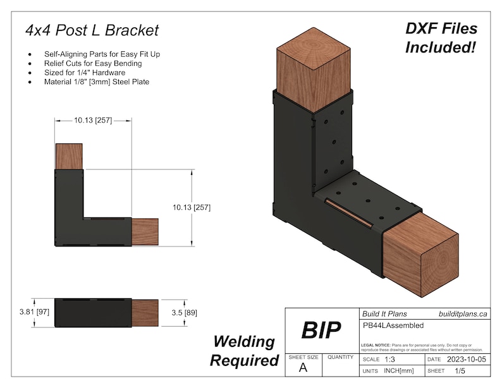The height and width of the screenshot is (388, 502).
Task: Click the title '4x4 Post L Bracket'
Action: coord(92,30)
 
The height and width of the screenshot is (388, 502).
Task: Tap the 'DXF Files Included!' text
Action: coord(441,38)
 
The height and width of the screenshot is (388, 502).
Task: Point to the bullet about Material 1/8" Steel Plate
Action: coord(97,81)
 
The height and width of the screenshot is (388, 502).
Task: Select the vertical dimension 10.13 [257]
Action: coord(191,207)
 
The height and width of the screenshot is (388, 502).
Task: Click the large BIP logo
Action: coord(321,330)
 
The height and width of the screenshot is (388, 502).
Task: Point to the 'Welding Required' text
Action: coord(244,351)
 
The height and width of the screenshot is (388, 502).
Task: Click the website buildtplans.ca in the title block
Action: coord(463,313)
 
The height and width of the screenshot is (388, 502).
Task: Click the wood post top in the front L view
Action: coord(69,156)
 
